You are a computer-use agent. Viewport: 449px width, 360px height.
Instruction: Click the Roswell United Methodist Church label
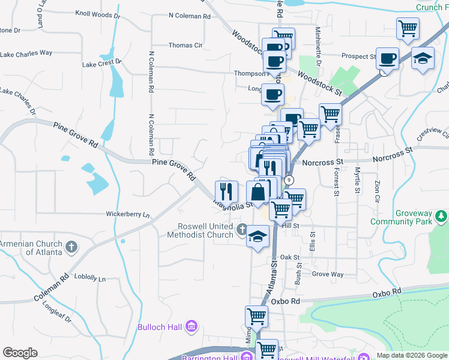[205, 230]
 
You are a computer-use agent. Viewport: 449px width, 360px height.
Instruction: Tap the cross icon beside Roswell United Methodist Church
[241, 229]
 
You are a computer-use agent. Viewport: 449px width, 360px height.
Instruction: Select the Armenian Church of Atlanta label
[31, 248]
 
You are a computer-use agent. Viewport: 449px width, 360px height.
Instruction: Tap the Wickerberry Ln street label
[128, 214]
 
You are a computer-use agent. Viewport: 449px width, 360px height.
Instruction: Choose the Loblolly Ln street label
[89, 278]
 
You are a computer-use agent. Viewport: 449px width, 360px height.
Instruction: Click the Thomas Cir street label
[185, 45]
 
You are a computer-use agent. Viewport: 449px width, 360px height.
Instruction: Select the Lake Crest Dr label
[102, 62]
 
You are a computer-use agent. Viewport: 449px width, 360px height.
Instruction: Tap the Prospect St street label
[358, 56]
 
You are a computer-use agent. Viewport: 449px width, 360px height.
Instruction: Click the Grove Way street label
[328, 274]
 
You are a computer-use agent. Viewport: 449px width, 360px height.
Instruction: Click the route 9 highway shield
[289, 180]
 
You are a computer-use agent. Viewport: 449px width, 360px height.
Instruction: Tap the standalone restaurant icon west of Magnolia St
[226, 191]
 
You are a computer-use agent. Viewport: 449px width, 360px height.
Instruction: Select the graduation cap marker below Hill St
[258, 235]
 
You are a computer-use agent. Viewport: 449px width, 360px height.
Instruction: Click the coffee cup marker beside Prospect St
[387, 58]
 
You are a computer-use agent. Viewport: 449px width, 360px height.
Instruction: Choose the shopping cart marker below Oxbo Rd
[256, 316]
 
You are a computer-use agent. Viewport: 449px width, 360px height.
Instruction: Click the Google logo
[20, 353]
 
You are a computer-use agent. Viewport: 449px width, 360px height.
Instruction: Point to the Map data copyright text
[412, 355]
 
